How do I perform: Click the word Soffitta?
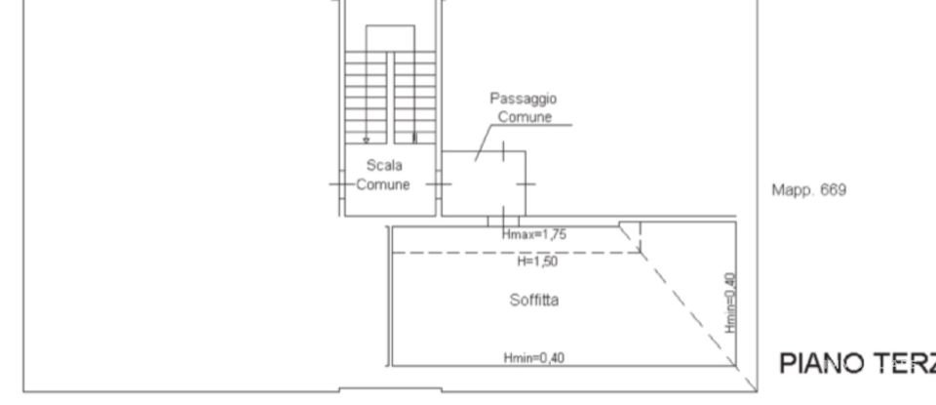point(534,301)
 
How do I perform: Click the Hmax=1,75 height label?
point(533,235)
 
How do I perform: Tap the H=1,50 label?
point(537,262)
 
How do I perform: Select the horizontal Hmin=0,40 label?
point(533,358)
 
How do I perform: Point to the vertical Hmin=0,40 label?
point(731,303)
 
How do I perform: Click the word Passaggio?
point(525,99)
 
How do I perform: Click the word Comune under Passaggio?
point(526,117)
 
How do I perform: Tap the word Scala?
point(384,166)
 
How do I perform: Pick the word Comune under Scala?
point(382,185)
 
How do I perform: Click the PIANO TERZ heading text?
point(856,363)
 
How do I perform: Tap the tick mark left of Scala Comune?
point(337,183)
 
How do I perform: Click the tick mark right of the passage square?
point(526,183)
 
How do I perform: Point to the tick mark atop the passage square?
point(503,151)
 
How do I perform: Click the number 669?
point(833,190)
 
